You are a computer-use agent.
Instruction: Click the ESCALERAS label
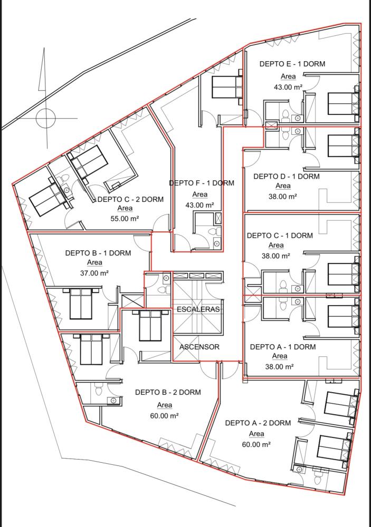198,309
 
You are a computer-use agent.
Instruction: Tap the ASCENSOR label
199,347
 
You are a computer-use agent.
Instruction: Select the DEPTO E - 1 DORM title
292,64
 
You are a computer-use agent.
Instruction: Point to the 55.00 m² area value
125,219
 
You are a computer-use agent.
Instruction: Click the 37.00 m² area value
94,273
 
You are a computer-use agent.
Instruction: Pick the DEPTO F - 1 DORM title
201,183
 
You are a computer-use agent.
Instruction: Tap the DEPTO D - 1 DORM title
286,177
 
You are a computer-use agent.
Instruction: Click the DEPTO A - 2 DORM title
258,423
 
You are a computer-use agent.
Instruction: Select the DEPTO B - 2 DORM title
168,392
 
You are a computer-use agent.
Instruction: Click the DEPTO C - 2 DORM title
131,199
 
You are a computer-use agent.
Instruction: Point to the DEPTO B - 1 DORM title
98,253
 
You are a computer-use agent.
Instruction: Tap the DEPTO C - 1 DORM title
280,236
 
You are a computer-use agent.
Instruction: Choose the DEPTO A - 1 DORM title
283,347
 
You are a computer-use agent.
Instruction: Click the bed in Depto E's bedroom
342,104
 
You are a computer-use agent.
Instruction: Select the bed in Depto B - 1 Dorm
81,303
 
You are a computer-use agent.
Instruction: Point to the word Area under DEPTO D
283,186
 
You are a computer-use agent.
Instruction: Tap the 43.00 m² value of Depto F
199,205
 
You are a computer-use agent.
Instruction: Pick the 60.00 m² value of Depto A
256,445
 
